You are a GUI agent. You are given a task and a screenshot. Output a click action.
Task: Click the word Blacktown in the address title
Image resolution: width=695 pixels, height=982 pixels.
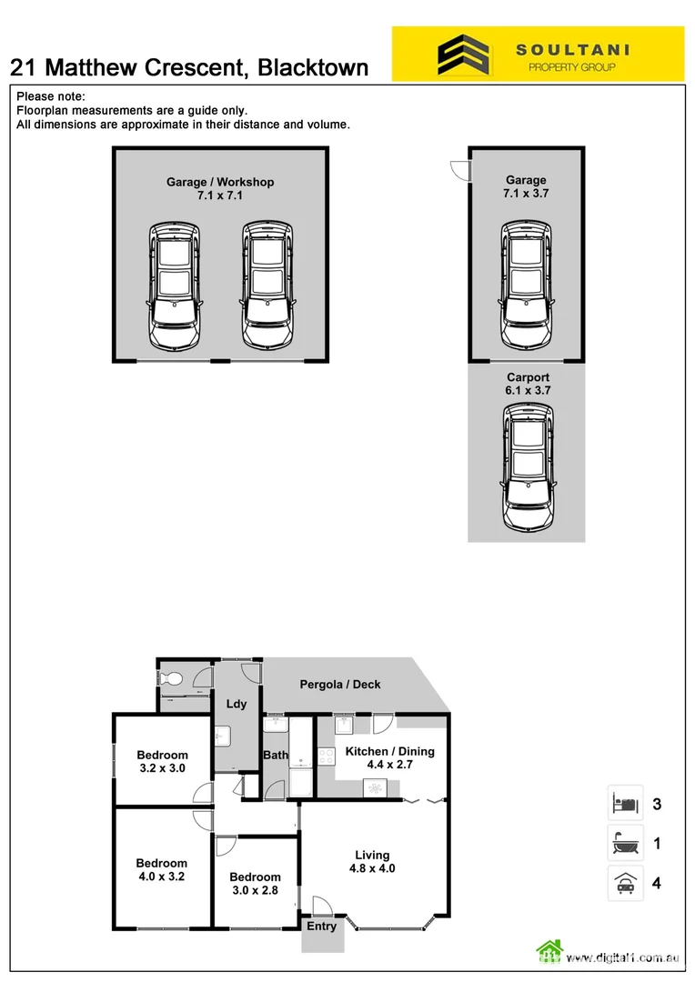click(314, 67)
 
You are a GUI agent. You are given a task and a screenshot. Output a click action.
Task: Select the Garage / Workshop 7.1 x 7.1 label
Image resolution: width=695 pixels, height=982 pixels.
click(219, 188)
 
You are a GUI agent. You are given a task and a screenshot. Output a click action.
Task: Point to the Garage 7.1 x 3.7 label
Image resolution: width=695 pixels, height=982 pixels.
click(526, 186)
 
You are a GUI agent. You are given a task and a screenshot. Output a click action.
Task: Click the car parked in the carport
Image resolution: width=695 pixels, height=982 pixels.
click(527, 469)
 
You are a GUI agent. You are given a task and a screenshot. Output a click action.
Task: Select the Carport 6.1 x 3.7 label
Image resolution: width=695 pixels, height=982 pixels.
click(528, 384)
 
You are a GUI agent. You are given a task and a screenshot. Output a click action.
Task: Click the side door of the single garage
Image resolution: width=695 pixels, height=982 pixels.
click(459, 170)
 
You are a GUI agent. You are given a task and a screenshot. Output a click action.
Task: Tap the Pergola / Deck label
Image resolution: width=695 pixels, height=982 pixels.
click(340, 685)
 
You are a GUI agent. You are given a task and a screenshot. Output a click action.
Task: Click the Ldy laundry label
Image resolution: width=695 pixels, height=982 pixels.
click(237, 705)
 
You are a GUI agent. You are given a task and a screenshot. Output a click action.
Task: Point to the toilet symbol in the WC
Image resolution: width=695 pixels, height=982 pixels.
click(170, 678)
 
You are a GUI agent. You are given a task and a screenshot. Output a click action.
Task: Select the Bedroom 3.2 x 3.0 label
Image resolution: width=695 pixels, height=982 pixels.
click(162, 761)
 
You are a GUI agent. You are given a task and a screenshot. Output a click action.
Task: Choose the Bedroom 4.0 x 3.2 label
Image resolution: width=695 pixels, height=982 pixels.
click(162, 870)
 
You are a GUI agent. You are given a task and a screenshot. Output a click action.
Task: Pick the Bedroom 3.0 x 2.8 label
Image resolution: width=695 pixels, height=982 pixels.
click(255, 884)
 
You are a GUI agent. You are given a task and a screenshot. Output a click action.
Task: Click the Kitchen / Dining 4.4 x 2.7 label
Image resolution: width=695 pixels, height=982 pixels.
click(389, 758)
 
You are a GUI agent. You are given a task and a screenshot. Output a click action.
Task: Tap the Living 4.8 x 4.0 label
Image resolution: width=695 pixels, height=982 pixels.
click(372, 861)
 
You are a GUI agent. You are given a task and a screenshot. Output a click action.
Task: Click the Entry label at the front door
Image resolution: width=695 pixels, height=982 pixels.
click(321, 927)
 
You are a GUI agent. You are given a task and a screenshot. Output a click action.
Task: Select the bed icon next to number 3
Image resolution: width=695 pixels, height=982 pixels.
click(626, 804)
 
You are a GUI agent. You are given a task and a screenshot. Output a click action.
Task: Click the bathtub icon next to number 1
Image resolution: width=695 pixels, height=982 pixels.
click(626, 844)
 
